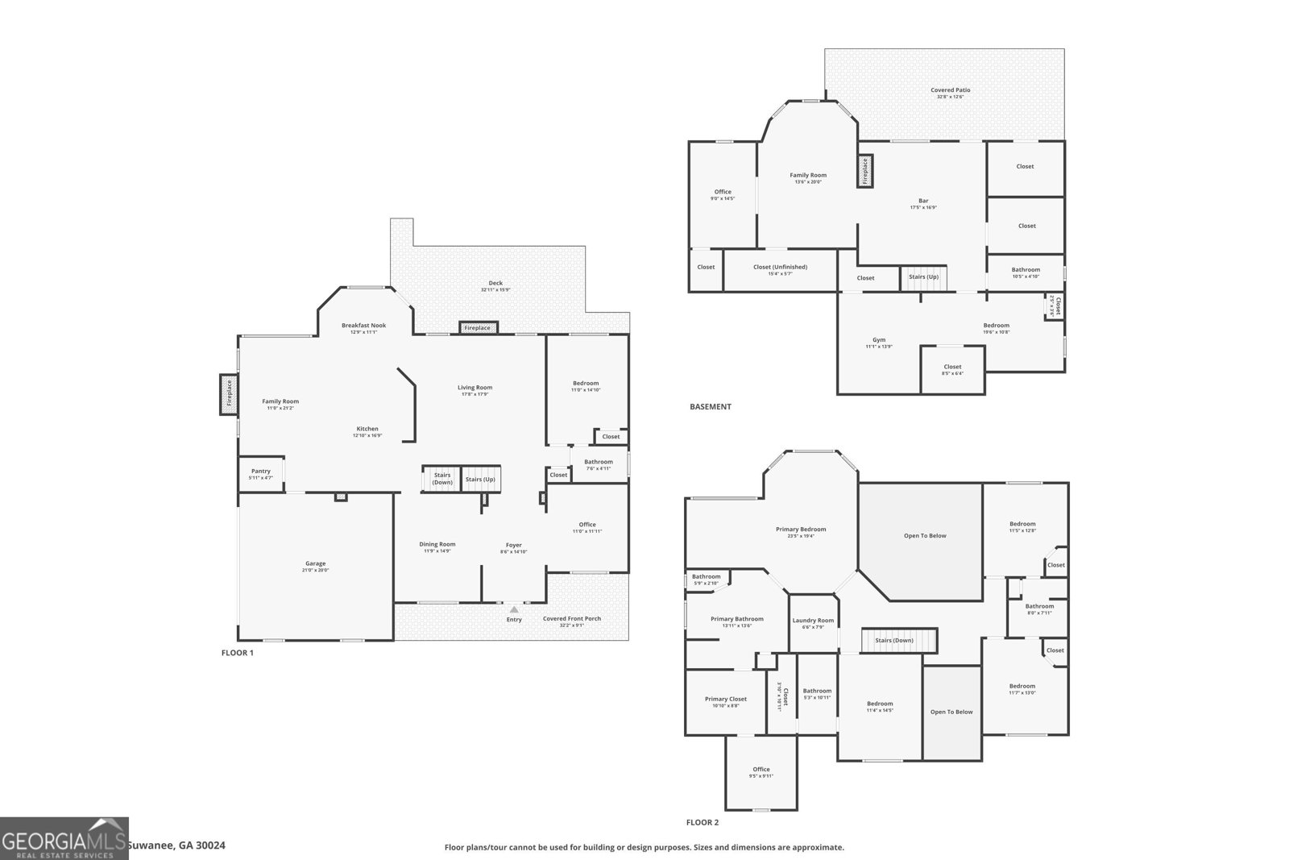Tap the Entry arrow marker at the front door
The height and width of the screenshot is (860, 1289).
[x=514, y=610]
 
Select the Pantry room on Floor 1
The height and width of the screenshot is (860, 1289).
[x=260, y=474]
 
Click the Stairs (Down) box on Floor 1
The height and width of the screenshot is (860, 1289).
[x=441, y=479]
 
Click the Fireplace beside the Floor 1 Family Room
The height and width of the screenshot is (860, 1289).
[x=229, y=394]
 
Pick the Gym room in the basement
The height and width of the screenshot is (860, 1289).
[x=878, y=343]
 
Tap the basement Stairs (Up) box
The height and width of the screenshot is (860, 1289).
[x=923, y=277]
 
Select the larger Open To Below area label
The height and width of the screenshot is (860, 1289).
[x=925, y=536]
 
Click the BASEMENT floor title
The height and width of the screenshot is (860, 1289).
[x=710, y=407]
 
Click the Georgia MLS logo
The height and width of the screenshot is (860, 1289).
[x=64, y=838]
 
